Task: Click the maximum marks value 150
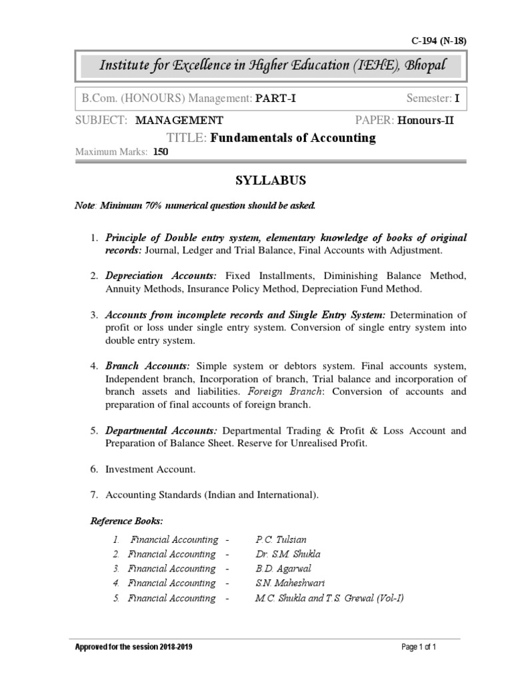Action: click(x=161, y=152)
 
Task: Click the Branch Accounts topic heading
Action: click(x=148, y=366)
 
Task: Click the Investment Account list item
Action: click(x=151, y=470)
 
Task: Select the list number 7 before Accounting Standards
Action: click(x=94, y=494)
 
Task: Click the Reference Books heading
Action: click(x=127, y=520)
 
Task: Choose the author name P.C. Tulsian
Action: click(x=281, y=539)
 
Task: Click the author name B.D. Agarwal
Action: click(x=283, y=569)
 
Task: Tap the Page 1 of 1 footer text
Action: click(x=419, y=647)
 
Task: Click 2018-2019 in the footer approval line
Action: click(x=175, y=647)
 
